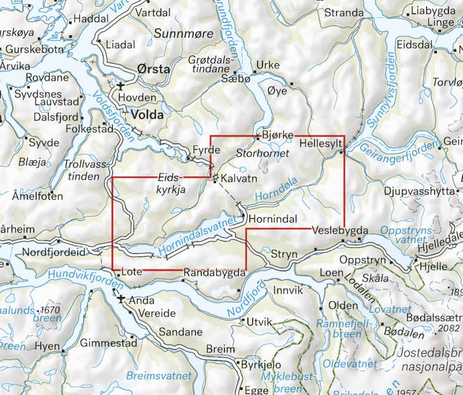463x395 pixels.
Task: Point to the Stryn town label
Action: [x=285, y=253]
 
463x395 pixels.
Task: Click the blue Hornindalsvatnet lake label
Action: [x=197, y=233]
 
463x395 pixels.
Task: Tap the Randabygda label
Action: [x=214, y=271]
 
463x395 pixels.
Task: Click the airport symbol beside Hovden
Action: [x=121, y=86]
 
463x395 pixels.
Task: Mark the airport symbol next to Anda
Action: [x=121, y=300]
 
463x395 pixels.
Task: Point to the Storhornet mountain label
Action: [x=260, y=153]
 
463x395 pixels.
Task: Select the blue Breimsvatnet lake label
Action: [x=160, y=376]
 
